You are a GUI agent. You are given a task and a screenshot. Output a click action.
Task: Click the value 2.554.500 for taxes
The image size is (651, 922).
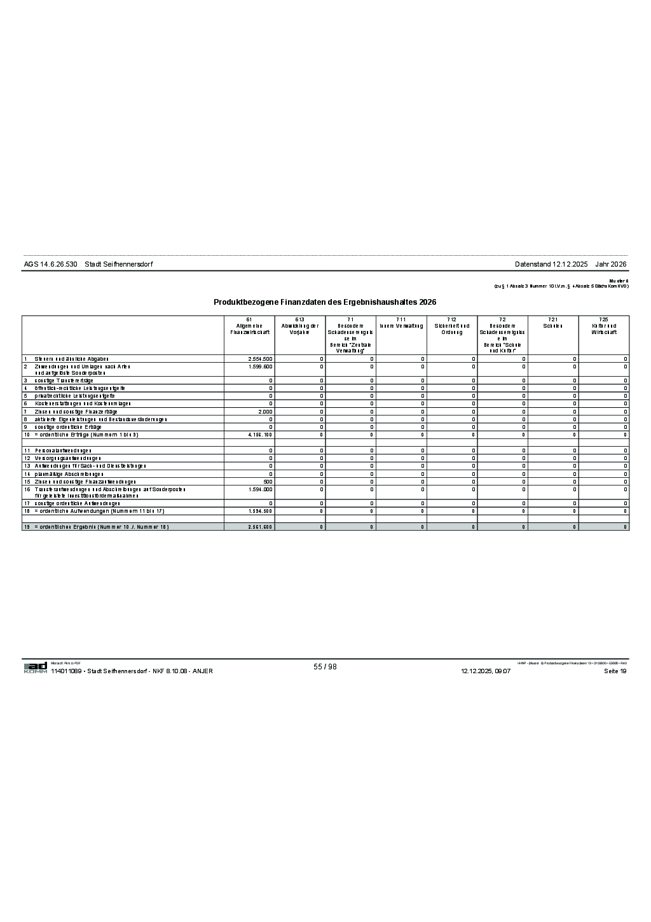[260, 359]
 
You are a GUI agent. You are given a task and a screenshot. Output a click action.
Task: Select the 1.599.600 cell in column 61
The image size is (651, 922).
[260, 367]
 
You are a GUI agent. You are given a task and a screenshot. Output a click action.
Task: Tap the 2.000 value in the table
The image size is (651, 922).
[265, 412]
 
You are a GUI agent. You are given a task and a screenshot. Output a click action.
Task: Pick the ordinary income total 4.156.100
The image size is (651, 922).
[260, 435]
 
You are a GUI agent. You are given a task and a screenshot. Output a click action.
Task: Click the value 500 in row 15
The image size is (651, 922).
[268, 482]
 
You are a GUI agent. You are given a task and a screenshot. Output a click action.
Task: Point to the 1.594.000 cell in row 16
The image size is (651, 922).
[260, 489]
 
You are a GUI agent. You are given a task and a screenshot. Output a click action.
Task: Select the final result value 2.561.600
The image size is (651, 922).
[260, 527]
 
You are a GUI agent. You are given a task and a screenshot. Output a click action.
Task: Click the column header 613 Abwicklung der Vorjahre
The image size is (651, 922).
[299, 326]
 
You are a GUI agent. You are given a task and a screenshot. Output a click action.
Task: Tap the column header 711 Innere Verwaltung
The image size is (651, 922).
[401, 323]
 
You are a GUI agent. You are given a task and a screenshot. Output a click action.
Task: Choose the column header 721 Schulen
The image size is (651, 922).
[553, 323]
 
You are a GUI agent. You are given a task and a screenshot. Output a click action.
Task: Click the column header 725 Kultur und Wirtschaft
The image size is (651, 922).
[603, 326]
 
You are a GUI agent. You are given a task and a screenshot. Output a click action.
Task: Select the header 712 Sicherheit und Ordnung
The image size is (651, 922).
[451, 326]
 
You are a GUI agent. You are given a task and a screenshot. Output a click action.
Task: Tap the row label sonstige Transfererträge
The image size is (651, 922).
[64, 381]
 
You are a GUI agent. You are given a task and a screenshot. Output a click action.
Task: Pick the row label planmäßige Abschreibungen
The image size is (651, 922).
[69, 474]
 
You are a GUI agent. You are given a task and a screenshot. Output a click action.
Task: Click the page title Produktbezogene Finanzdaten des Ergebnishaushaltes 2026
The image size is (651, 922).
[325, 302]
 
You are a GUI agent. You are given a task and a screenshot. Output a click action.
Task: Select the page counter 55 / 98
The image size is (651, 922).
[325, 667]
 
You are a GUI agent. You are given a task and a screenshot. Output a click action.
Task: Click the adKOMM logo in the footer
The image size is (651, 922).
[36, 667]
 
